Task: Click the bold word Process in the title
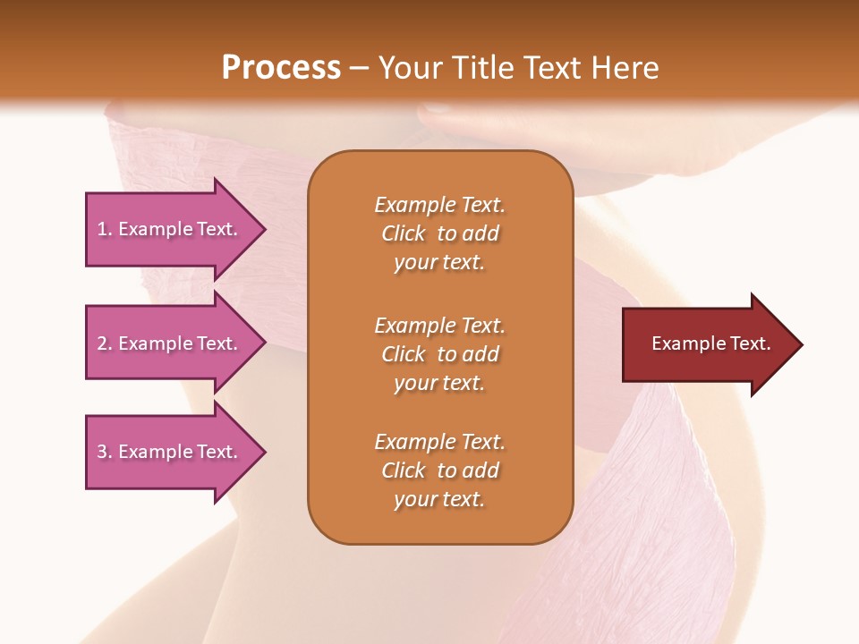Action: (x=281, y=68)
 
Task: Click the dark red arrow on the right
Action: (x=707, y=343)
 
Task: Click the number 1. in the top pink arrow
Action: (x=105, y=229)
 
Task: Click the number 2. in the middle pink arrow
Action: (x=105, y=343)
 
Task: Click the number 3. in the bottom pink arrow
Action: (x=105, y=452)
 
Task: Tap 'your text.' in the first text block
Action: (x=438, y=263)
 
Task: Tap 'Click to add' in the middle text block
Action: (x=439, y=354)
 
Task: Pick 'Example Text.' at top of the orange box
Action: (x=439, y=205)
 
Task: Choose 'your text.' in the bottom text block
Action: (x=438, y=500)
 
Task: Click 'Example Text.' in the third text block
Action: (x=439, y=442)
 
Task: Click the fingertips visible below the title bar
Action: (x=447, y=119)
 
